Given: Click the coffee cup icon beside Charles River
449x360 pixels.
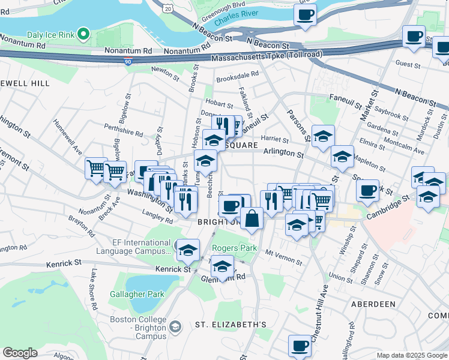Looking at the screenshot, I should click(x=306, y=14).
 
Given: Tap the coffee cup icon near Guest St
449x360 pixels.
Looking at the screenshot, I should click(x=413, y=36).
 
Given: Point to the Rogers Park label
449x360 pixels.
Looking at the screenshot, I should click(x=234, y=248).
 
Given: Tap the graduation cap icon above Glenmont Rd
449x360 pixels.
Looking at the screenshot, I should click(x=222, y=266).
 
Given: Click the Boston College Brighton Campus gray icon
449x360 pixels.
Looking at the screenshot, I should click(x=175, y=326).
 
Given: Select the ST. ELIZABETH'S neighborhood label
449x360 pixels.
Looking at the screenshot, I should click(x=231, y=325).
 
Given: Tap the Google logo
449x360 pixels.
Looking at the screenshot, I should click(x=20, y=352).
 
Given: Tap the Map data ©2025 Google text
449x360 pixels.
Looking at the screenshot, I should click(x=411, y=355).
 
